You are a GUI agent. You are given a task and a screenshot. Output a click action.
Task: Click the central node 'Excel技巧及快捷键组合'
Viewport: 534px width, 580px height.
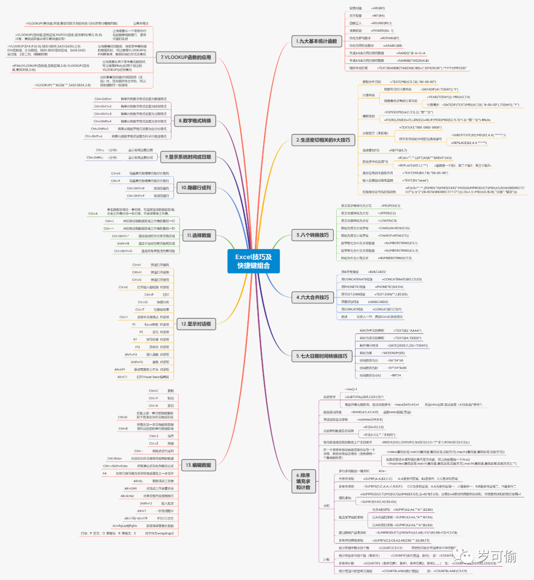coord(254,261)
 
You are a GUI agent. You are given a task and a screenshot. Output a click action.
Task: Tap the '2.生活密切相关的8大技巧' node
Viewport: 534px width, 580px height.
coord(323,140)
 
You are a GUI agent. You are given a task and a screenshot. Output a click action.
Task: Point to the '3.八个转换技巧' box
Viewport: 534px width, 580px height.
coord(312,235)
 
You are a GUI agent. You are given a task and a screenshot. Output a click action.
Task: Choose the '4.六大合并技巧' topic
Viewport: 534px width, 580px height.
coord(312,297)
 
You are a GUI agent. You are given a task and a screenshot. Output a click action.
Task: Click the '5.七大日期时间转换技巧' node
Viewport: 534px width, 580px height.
coord(321,356)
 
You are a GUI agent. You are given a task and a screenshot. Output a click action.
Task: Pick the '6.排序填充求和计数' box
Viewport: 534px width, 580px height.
coord(303,481)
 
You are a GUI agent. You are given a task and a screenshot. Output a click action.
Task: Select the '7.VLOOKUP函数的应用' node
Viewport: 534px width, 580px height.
coord(186,57)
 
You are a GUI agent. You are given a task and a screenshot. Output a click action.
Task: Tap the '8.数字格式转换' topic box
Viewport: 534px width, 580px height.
coord(195,121)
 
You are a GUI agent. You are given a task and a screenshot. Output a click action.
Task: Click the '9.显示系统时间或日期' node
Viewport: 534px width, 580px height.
coord(188,157)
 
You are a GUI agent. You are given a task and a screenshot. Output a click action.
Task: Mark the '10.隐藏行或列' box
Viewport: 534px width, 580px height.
coord(196,188)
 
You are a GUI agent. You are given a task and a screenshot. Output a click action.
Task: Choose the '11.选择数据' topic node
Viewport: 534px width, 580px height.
coord(199,235)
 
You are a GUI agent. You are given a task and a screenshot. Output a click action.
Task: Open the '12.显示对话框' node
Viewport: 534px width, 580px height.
coord(196,324)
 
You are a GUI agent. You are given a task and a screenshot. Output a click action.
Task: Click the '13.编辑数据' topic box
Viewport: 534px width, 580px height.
coord(198,465)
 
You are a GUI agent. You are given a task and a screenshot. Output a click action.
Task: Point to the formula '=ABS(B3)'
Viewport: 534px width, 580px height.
coord(378,8)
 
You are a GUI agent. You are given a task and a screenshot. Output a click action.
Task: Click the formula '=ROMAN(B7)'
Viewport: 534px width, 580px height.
coord(390,38)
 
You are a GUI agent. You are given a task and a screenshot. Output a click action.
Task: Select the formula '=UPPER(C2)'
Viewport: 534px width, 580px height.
coord(387,213)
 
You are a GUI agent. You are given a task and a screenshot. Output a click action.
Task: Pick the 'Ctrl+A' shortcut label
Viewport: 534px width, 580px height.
coord(93,214)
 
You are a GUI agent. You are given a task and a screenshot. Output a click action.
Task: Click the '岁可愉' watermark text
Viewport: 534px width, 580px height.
coord(497,557)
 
